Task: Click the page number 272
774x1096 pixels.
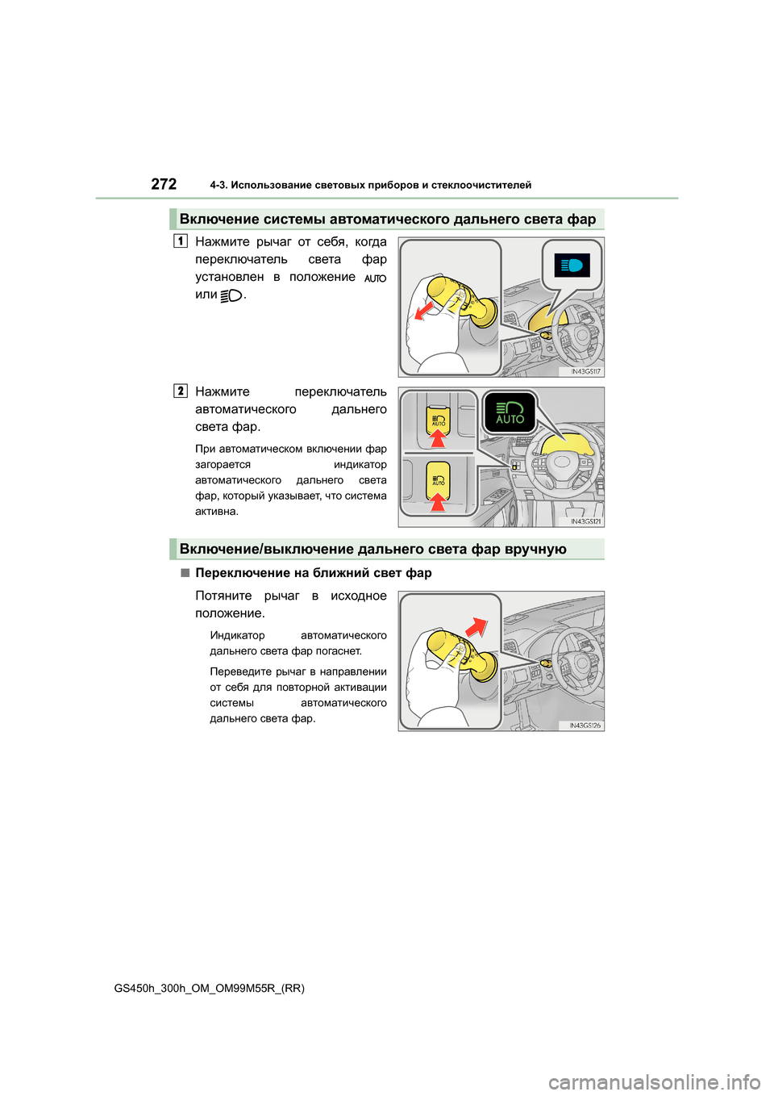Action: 164,184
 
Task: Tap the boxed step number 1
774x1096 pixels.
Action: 181,241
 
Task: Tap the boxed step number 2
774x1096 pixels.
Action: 181,391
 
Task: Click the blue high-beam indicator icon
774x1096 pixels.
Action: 572,266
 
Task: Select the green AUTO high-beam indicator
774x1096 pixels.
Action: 510,412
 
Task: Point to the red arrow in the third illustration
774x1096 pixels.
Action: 476,627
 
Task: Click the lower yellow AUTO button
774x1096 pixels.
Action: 438,478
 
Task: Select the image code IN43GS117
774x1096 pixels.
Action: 585,371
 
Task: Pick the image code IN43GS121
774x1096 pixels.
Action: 585,521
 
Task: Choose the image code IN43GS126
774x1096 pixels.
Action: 585,726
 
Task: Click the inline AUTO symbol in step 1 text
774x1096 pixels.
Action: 375,278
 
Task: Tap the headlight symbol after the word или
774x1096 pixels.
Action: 231,295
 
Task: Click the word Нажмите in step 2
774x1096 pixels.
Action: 223,391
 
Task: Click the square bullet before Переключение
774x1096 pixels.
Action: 185,572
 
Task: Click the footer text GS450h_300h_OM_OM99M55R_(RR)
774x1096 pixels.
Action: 210,988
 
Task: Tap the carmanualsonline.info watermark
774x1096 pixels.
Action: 654,1081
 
